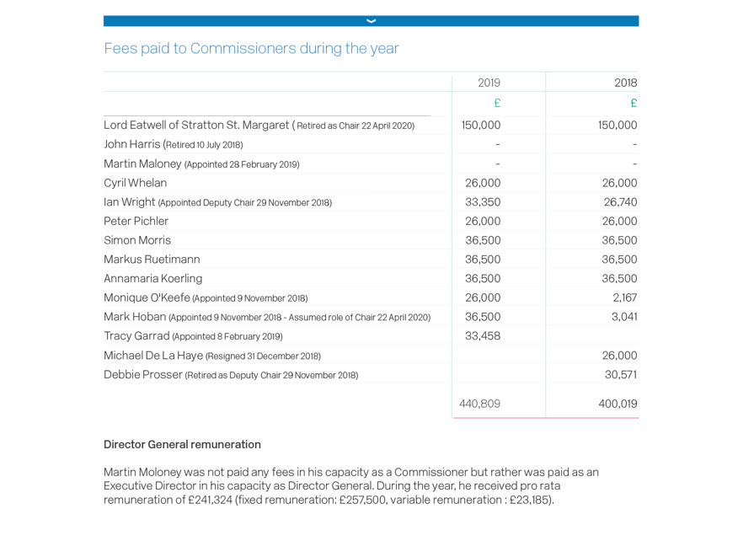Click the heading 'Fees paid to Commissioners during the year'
click(x=251, y=49)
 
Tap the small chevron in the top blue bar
click(x=371, y=21)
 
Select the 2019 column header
click(x=489, y=83)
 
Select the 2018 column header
click(x=625, y=83)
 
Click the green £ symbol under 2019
click(x=497, y=103)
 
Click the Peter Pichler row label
click(x=136, y=222)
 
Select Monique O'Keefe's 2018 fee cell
click(x=623, y=297)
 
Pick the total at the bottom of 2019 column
click(x=479, y=404)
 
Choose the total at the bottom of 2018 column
click(x=618, y=404)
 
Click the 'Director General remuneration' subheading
click(x=181, y=445)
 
